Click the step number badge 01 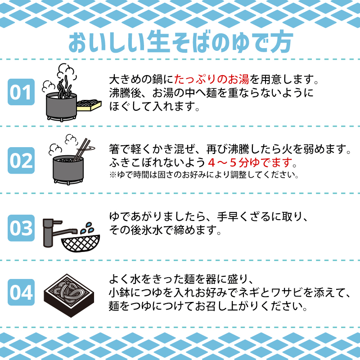(21, 92)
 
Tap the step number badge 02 (21, 160)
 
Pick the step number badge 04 (21, 293)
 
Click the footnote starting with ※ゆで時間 (204, 174)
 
